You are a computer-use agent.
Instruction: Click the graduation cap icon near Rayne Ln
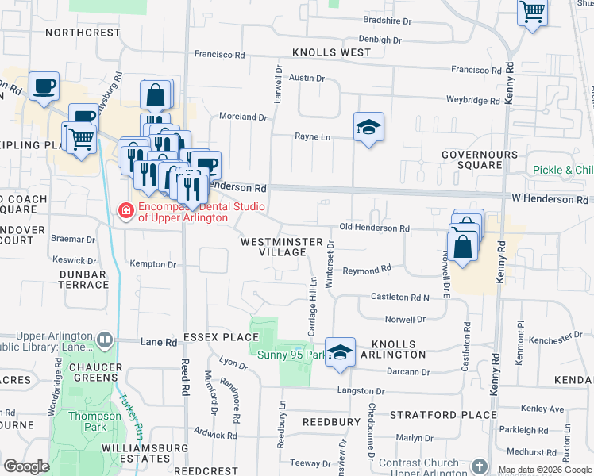click(368, 127)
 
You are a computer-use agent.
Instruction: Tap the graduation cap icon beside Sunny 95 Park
click(340, 353)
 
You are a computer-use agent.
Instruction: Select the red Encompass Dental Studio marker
click(125, 210)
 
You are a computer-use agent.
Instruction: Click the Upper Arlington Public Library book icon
click(104, 340)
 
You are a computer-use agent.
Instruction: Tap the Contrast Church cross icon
click(480, 466)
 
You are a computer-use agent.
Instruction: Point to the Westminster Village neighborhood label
click(282, 247)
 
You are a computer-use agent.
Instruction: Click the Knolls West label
click(331, 52)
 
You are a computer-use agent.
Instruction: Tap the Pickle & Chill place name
click(563, 170)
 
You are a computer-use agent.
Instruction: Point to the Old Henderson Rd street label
click(374, 228)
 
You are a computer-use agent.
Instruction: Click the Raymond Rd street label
click(367, 271)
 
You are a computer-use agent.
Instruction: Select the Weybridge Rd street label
click(472, 101)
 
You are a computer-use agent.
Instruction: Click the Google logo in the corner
click(26, 466)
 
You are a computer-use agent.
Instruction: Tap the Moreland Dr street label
click(243, 117)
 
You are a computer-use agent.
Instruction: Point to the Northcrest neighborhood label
click(82, 33)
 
